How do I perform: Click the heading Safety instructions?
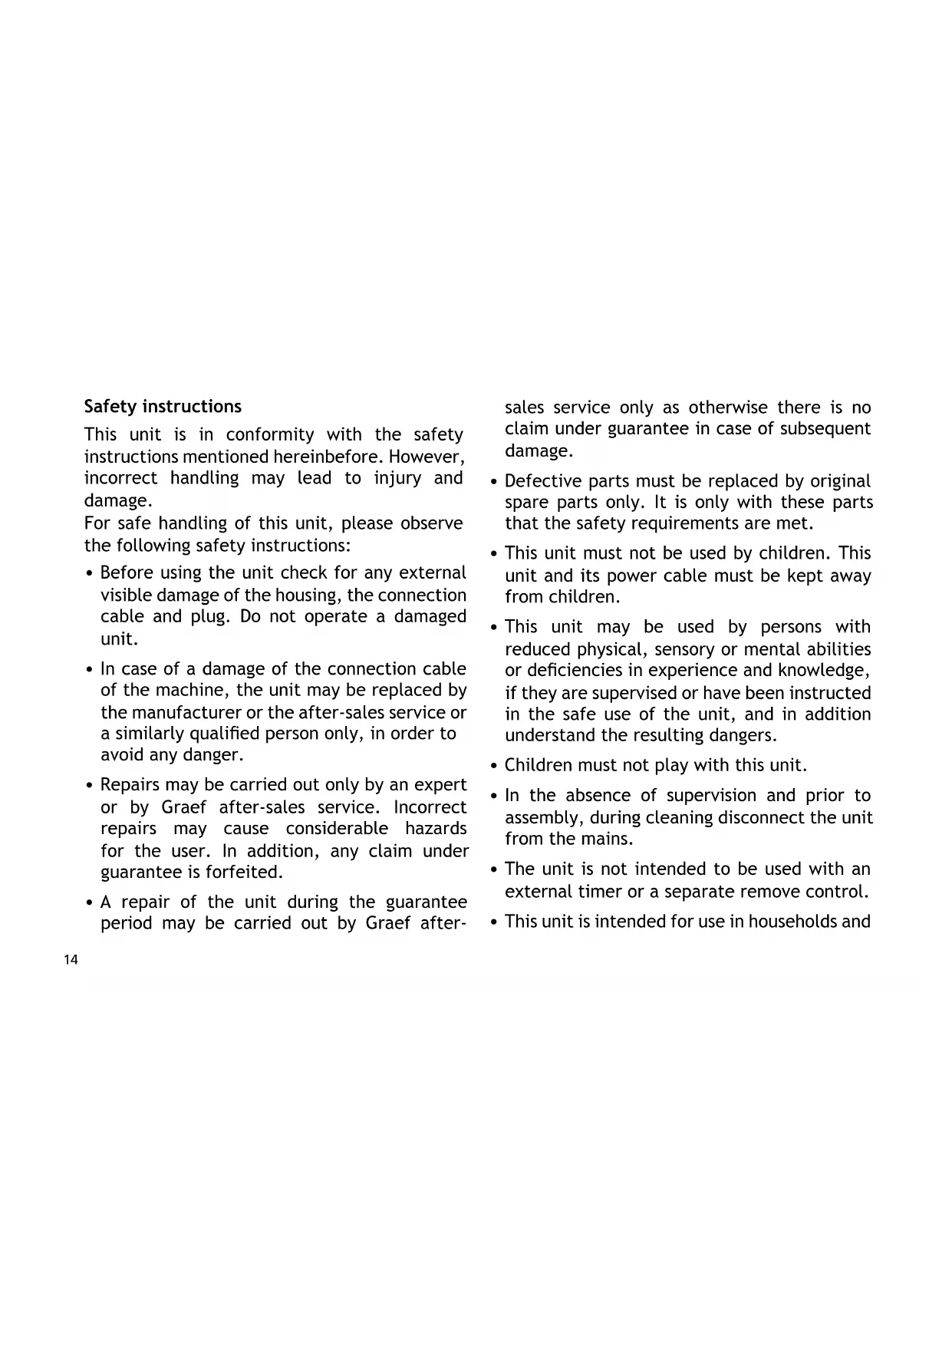[x=163, y=407]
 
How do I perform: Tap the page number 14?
[x=71, y=960]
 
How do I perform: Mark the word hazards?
[x=436, y=829]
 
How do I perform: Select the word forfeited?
[x=244, y=873]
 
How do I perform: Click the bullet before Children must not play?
[x=494, y=766]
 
